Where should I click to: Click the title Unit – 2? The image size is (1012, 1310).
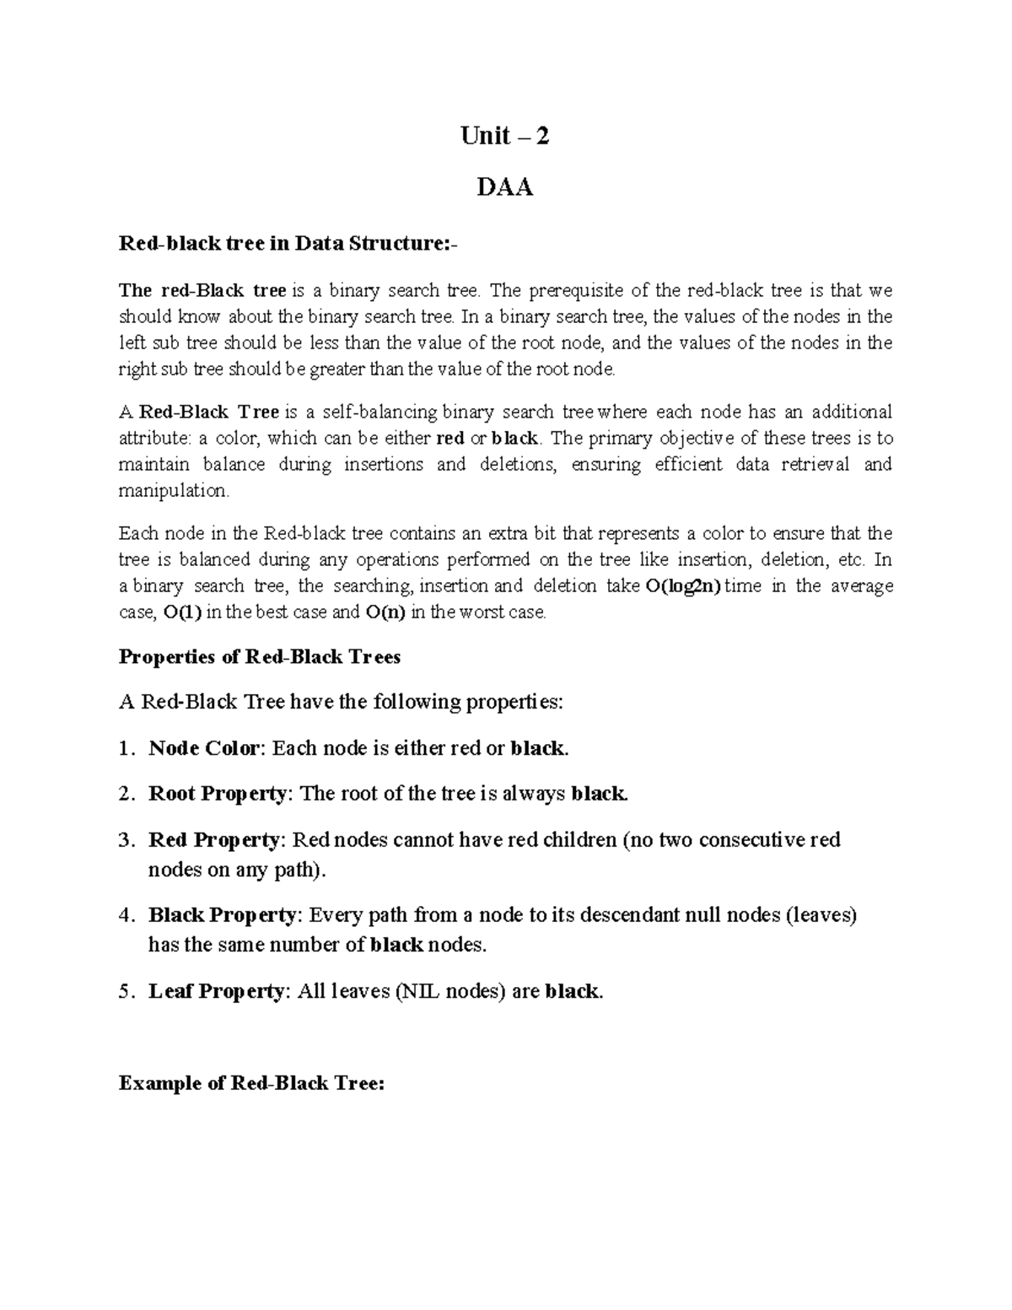(504, 136)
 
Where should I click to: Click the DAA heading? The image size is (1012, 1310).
(504, 186)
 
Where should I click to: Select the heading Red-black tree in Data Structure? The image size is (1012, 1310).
(289, 244)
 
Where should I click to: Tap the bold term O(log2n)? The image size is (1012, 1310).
(682, 586)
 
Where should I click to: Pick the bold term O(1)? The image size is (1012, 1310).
(182, 612)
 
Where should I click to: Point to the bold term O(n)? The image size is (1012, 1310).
(386, 612)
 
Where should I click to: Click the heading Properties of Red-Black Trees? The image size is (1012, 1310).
(260, 657)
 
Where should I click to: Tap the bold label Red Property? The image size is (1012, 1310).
(213, 840)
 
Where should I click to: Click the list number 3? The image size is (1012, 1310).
(125, 840)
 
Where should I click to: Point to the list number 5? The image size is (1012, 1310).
(125, 991)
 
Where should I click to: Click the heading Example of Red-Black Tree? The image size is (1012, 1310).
(251, 1083)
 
